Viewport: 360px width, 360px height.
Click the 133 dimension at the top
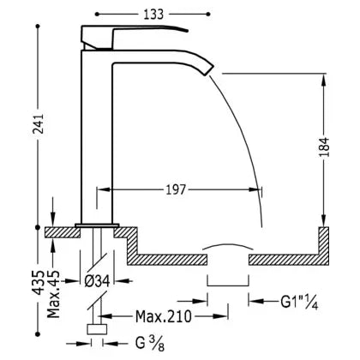pyautogui.click(x=153, y=15)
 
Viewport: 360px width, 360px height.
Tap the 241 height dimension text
pyautogui.click(x=38, y=123)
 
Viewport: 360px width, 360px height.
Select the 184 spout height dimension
pyautogui.click(x=324, y=147)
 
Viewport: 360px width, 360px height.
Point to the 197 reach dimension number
pyautogui.click(x=176, y=189)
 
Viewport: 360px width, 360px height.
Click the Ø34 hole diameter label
pyautogui.click(x=98, y=281)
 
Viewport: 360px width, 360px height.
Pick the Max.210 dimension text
pyautogui.click(x=164, y=316)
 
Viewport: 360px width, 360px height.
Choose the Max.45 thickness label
pyautogui.click(x=53, y=294)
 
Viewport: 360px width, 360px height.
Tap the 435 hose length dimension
pyautogui.click(x=38, y=282)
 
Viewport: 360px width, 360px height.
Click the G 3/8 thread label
pyautogui.click(x=150, y=343)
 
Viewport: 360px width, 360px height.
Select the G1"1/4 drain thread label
pyautogui.click(x=299, y=302)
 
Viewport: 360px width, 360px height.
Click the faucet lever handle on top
pyautogui.click(x=135, y=36)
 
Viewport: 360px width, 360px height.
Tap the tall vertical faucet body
pyautogui.click(x=97, y=137)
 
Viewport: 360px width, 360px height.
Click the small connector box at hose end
pyautogui.click(x=97, y=329)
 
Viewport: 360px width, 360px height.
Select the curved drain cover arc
pyautogui.click(x=228, y=245)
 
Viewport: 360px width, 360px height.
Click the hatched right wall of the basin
pyautogui.click(x=324, y=246)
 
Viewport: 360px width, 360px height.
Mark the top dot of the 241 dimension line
pyautogui.click(x=38, y=27)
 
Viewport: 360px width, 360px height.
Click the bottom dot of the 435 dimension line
pyautogui.click(x=38, y=333)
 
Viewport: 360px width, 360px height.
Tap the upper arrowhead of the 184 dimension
pyautogui.click(x=324, y=80)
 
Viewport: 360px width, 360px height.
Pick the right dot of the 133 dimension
pyautogui.click(x=208, y=15)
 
